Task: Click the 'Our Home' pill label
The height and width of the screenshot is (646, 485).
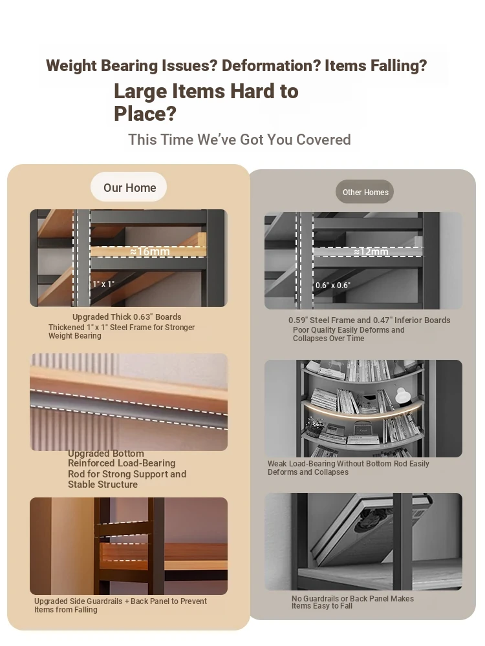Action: [x=129, y=187]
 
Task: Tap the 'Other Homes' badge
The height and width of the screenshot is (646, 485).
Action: [x=365, y=192]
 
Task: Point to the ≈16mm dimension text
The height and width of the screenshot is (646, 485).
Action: [x=150, y=251]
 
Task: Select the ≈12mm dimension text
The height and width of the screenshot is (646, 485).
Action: [x=371, y=251]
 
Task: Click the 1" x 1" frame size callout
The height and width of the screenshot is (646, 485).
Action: [x=103, y=284]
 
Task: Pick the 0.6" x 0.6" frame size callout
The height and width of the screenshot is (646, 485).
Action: [x=333, y=285]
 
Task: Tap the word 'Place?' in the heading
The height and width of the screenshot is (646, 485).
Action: [x=145, y=114]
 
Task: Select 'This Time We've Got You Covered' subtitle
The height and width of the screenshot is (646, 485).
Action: [x=239, y=140]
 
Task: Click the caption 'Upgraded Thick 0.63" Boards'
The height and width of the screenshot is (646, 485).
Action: [x=127, y=317]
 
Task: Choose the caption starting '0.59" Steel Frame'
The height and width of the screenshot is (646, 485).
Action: [x=369, y=320]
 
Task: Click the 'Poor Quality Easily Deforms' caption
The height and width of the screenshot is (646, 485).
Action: [x=349, y=334]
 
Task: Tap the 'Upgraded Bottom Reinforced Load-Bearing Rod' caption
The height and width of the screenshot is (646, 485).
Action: [x=127, y=469]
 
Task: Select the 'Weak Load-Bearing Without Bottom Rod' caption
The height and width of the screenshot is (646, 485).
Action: [x=349, y=468]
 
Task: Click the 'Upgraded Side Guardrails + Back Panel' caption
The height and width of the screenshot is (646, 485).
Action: [x=120, y=605]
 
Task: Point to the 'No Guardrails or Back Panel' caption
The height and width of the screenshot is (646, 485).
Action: [x=352, y=602]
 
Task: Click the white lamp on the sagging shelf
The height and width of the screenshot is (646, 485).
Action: [x=402, y=396]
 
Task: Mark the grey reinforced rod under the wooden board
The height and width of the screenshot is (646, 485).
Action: [x=129, y=408]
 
